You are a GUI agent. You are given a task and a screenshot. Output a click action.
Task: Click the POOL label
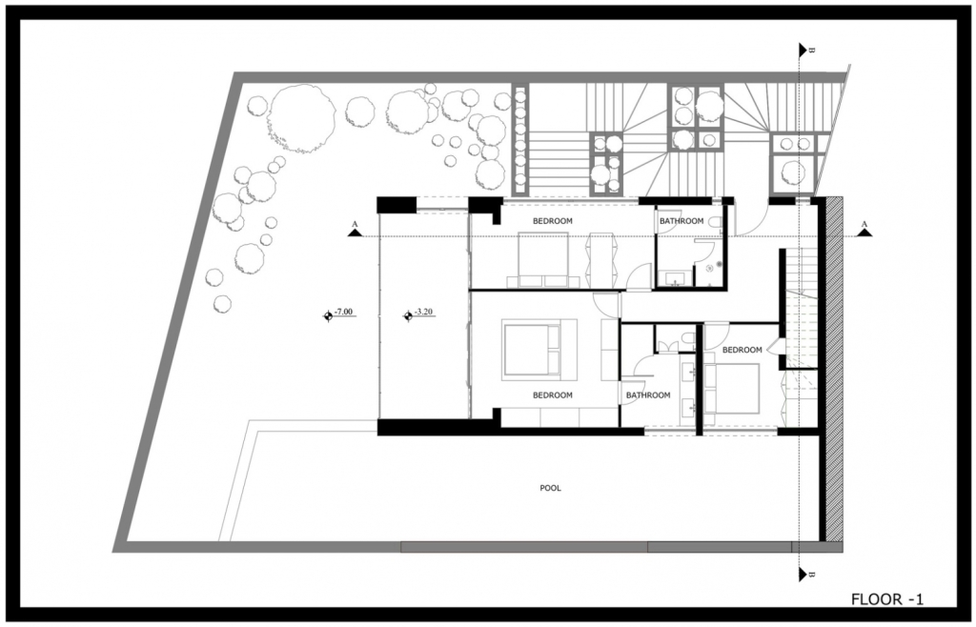tap(550, 488)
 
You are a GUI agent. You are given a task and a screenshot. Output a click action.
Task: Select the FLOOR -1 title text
tap(887, 599)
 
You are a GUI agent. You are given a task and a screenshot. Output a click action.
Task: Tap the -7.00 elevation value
tap(343, 311)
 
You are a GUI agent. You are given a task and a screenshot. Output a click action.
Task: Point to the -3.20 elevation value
tap(423, 311)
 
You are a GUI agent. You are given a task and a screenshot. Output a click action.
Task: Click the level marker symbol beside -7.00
tap(328, 316)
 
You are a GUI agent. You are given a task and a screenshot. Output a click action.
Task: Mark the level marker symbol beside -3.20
tap(408, 316)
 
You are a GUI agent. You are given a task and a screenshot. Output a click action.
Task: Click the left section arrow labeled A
tap(355, 232)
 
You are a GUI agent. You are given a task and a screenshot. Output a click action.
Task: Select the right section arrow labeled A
tap(864, 232)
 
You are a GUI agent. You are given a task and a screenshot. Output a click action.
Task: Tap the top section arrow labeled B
tap(803, 50)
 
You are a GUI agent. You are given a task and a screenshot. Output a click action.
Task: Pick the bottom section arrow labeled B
tap(803, 575)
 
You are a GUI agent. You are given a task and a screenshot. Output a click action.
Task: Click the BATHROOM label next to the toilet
tap(681, 221)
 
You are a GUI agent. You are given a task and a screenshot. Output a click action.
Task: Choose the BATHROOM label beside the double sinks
tap(648, 395)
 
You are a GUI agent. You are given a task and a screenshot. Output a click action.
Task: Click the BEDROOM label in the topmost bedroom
tap(553, 221)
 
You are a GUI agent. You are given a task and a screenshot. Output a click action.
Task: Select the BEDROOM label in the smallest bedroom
tap(742, 351)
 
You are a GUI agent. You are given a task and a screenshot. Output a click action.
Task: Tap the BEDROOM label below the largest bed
tap(553, 395)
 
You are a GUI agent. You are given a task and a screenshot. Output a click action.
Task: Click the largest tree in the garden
tap(301, 118)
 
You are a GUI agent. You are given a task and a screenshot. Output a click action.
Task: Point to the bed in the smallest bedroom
tap(732, 389)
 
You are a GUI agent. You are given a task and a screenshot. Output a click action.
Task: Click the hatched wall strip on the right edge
tap(834, 370)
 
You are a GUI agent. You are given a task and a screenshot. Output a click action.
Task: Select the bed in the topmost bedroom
tap(542, 259)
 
